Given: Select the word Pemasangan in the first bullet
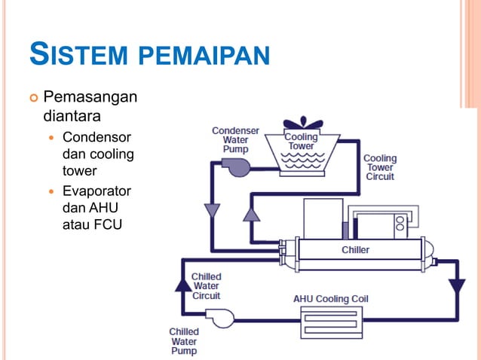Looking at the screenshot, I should coord(90,98).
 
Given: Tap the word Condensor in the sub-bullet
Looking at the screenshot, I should coord(97,138).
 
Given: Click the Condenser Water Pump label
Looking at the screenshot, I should coord(236,139).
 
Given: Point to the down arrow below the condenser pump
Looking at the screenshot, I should coord(211,211).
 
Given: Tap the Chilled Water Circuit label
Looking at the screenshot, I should coord(206,286).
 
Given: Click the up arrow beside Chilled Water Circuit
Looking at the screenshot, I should coord(182,284).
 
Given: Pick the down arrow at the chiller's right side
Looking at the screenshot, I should coord(456,286).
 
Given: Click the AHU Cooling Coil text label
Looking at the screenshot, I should coord(331,299).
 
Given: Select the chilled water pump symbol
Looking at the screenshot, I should coord(220,319).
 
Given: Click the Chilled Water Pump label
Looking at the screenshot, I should coord(184,341).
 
